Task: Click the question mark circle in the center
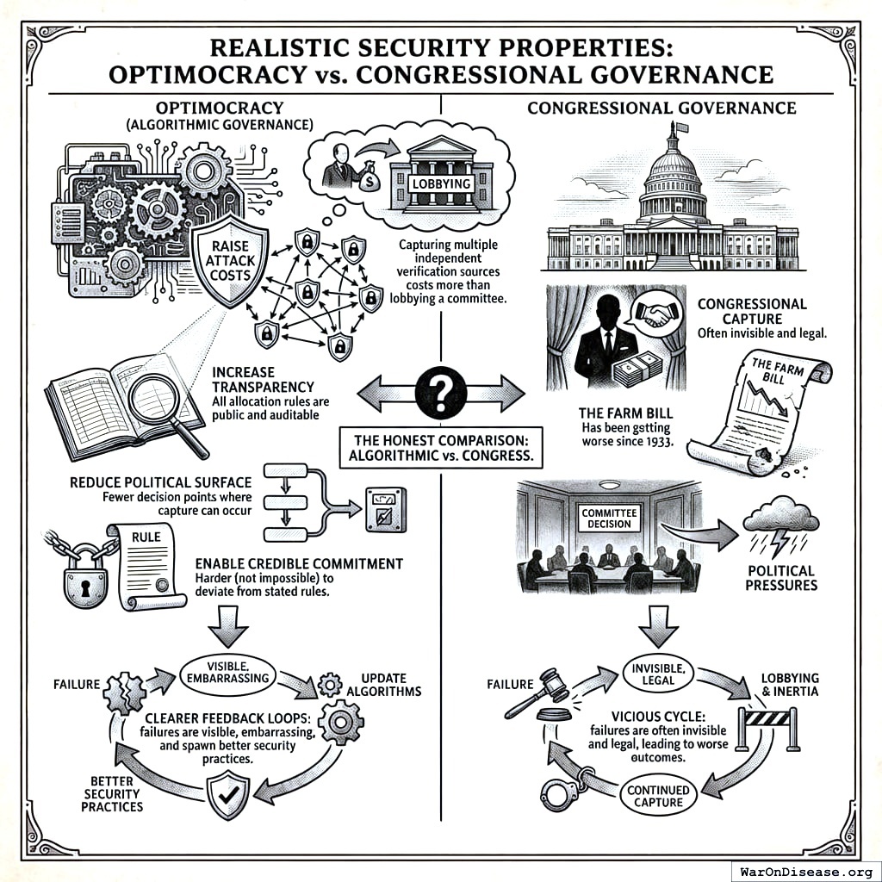(x=440, y=393)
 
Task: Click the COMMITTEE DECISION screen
(x=609, y=519)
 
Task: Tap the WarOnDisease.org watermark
(x=804, y=870)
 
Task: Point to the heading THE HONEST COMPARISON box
(x=440, y=446)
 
